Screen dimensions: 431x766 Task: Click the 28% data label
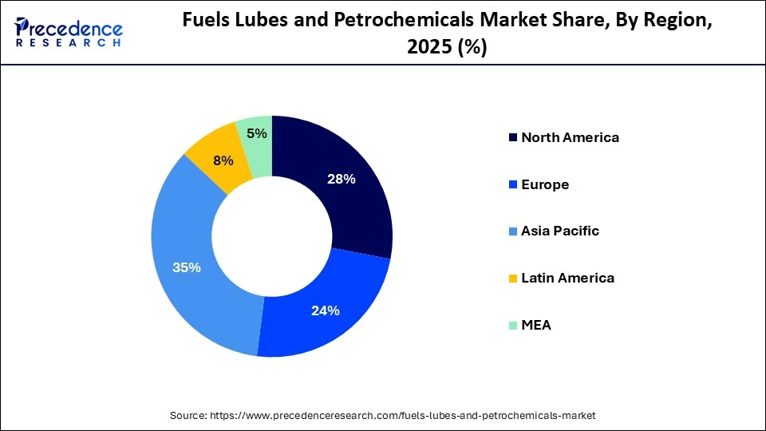coord(341,179)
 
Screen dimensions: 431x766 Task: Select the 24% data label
coord(326,310)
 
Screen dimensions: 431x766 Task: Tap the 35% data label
coord(187,267)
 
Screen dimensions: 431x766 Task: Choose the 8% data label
coord(223,160)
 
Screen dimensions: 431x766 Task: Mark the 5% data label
coord(257,133)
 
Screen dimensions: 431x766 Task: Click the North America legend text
coord(570,137)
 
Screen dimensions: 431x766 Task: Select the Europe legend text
coord(545,184)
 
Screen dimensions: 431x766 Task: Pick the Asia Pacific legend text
coord(560,231)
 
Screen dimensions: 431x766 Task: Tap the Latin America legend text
coord(567,279)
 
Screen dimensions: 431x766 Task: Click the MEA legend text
coord(536,326)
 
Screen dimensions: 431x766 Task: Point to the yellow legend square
coord(511,279)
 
